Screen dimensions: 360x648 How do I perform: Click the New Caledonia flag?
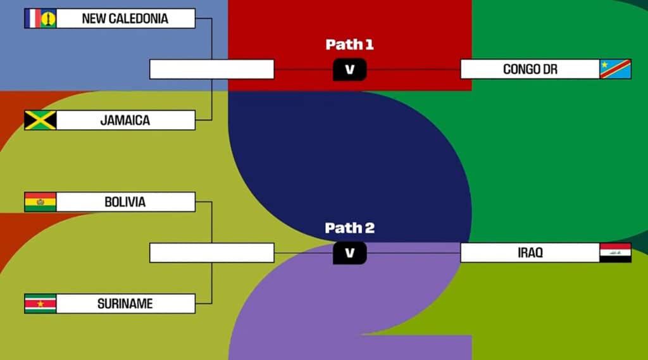point(40,18)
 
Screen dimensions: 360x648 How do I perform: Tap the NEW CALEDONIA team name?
point(125,18)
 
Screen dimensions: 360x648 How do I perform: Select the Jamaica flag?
point(40,120)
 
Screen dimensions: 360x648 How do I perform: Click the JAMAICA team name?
point(125,120)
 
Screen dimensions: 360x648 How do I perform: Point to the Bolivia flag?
point(40,202)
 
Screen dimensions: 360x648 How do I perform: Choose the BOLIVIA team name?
point(125,202)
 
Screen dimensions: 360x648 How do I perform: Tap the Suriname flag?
point(40,304)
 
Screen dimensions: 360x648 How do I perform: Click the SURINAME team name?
point(125,304)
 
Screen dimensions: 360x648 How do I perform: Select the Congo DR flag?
point(615,69)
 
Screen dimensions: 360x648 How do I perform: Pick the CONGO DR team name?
point(530,69)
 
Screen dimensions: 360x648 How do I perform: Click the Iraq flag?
point(615,252)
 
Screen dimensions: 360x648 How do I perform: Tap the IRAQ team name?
point(530,252)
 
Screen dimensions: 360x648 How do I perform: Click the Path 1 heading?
point(349,44)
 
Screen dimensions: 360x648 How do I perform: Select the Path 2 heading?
point(349,228)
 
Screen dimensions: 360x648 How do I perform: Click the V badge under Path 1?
point(349,70)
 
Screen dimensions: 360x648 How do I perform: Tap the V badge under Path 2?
point(349,253)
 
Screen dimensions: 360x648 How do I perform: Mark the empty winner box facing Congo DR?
point(211,69)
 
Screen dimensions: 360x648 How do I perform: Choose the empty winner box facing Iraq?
point(211,252)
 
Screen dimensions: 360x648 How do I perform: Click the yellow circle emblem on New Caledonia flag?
point(48,19)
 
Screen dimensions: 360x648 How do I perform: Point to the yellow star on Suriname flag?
point(40,304)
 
